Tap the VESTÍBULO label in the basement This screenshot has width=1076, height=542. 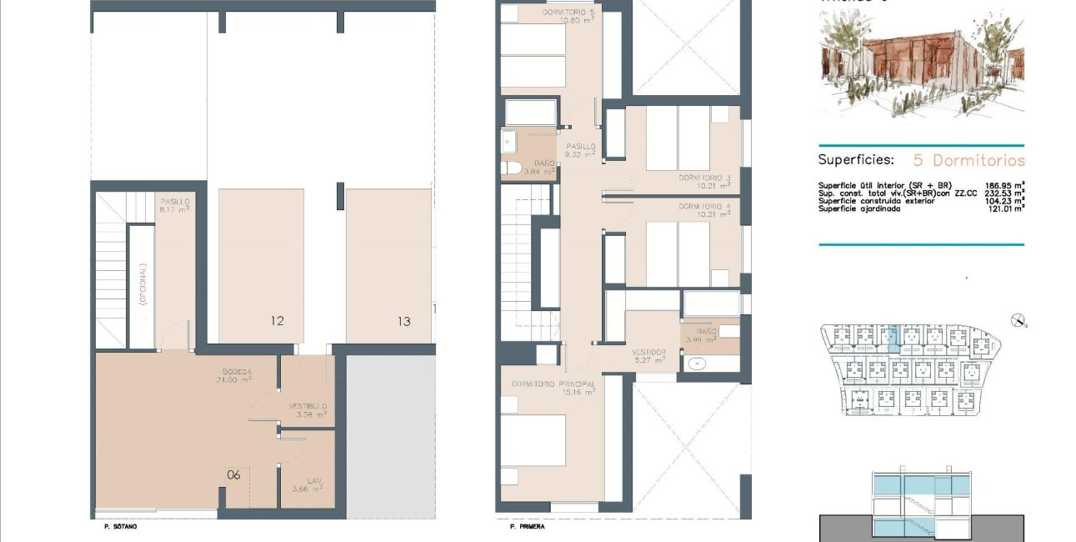pos(308,407)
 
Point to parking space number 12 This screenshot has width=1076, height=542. pos(278,320)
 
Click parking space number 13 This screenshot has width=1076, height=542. pos(403,320)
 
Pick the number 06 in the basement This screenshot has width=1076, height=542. pos(233,475)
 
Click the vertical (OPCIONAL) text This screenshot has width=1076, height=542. pos(143,285)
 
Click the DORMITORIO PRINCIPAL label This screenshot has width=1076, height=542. pos(553,384)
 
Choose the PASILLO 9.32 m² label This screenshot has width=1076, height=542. pos(580,147)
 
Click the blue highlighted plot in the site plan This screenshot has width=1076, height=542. pos(893,337)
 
